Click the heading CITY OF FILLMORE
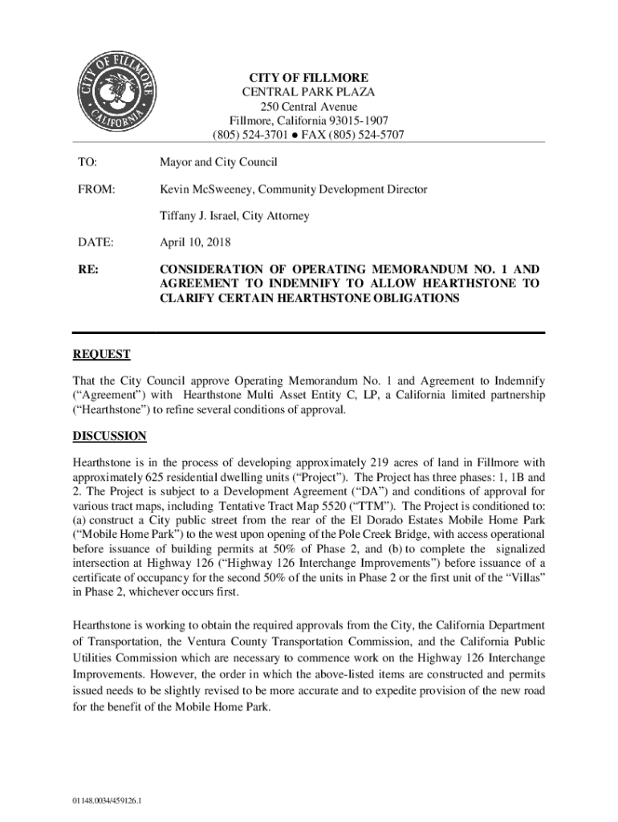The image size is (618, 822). pos(308,78)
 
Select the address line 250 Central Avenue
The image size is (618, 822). pos(308,107)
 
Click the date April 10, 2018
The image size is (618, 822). pos(195,242)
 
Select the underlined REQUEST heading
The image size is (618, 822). pos(101,354)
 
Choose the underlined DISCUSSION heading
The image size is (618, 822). pos(109,436)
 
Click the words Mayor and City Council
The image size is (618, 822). pos(218,163)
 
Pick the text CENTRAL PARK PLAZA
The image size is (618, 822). pos(308,92)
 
